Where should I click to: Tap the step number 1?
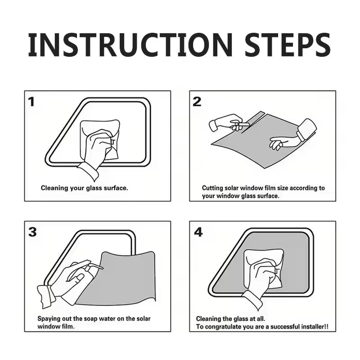point(31,102)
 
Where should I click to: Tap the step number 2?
point(197,102)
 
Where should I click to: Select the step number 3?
point(32,232)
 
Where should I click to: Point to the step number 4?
point(198,232)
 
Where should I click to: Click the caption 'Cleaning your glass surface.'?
point(84,188)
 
